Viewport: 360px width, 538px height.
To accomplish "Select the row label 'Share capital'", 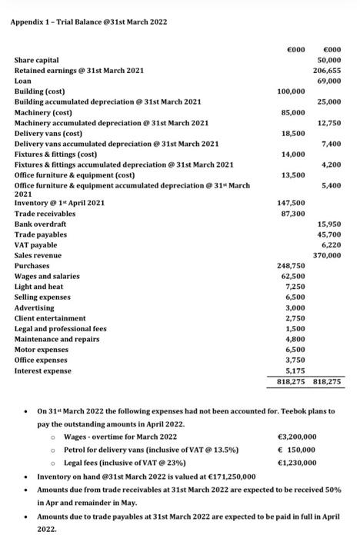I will pyautogui.click(x=38, y=60).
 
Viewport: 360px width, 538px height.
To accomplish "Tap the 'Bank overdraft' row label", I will pyautogui.click(x=41, y=224).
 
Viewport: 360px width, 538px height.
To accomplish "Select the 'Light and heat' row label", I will pyautogui.click(x=39, y=287).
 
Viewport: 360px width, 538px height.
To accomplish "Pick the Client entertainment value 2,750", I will pyautogui.click(x=295, y=317).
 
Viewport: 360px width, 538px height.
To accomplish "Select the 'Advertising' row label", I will pyautogui.click(x=35, y=307).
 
